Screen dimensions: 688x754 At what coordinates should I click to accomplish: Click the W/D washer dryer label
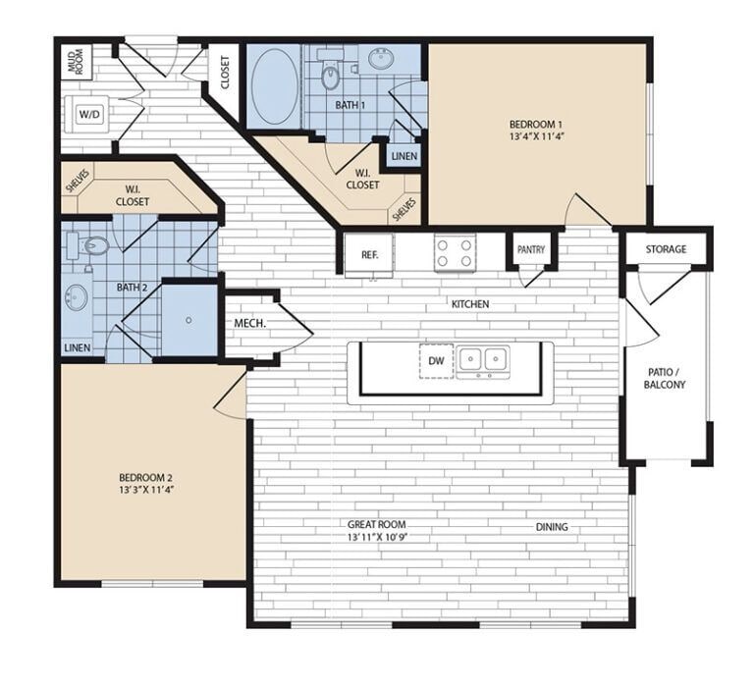tap(89, 115)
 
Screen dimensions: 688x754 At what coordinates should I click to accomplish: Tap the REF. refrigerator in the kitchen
tap(369, 254)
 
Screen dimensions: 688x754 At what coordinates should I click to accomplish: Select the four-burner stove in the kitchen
tap(455, 252)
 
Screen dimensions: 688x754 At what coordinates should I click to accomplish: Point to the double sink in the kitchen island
tap(483, 360)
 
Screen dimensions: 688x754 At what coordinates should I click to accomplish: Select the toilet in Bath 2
tap(95, 244)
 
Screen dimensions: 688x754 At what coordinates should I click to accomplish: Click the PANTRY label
tap(530, 250)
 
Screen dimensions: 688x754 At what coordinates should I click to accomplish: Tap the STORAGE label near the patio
tap(666, 249)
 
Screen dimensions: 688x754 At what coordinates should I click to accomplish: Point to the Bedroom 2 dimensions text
tap(146, 488)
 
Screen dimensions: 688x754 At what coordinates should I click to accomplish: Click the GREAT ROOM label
tap(376, 525)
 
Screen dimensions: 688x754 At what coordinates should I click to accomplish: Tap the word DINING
tap(552, 527)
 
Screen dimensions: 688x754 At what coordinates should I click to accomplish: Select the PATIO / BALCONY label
tap(666, 378)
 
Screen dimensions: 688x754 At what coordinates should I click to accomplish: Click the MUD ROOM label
tap(75, 62)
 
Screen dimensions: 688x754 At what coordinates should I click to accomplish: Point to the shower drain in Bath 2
tap(187, 320)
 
